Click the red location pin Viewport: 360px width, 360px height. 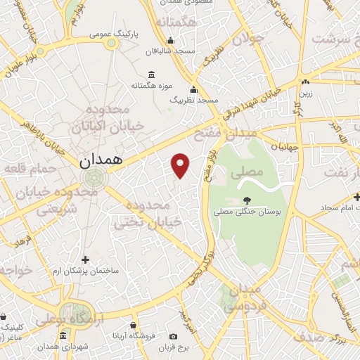(181, 165)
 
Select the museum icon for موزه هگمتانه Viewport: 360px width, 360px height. (151, 75)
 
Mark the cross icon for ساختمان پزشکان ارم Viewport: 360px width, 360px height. (85, 259)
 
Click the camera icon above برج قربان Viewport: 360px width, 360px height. (173, 337)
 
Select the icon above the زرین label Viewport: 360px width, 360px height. (305, 82)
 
